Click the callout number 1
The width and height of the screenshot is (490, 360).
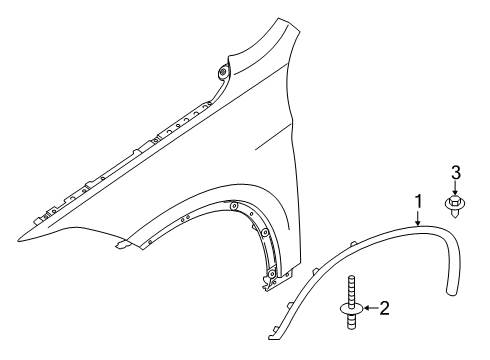coord(418,203)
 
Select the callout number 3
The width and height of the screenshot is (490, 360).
coord(456,175)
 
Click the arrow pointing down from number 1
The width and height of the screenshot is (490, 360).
coord(418,218)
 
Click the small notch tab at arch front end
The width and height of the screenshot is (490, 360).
coord(120,270)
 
